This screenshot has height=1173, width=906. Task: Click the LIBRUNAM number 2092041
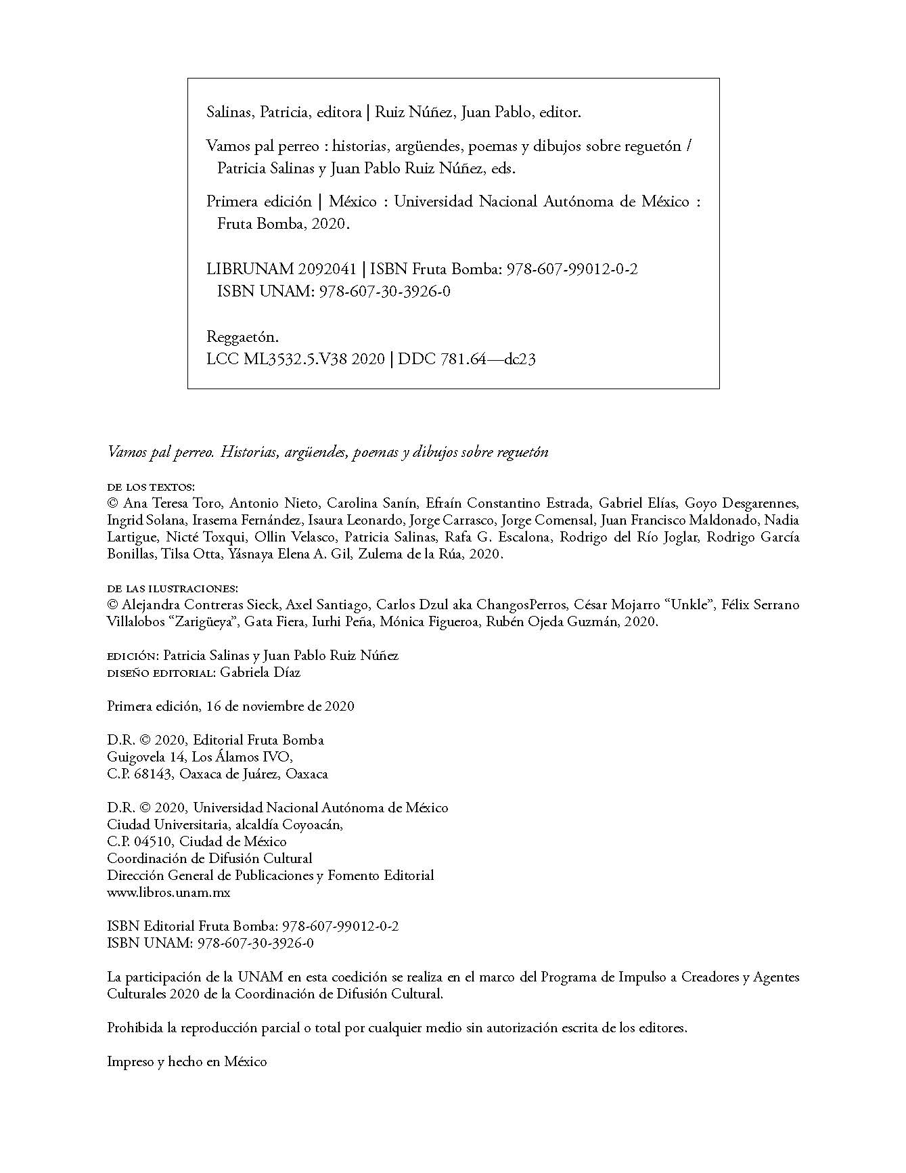[327, 269]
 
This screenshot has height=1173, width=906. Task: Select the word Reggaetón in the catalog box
[242, 337]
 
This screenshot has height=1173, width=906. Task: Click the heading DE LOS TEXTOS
[150, 487]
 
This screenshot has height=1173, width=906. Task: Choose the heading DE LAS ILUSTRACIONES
[173, 588]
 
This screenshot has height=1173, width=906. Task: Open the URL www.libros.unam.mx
[168, 893]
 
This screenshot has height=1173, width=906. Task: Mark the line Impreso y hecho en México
[187, 1062]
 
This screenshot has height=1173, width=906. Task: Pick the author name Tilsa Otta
[173, 554]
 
